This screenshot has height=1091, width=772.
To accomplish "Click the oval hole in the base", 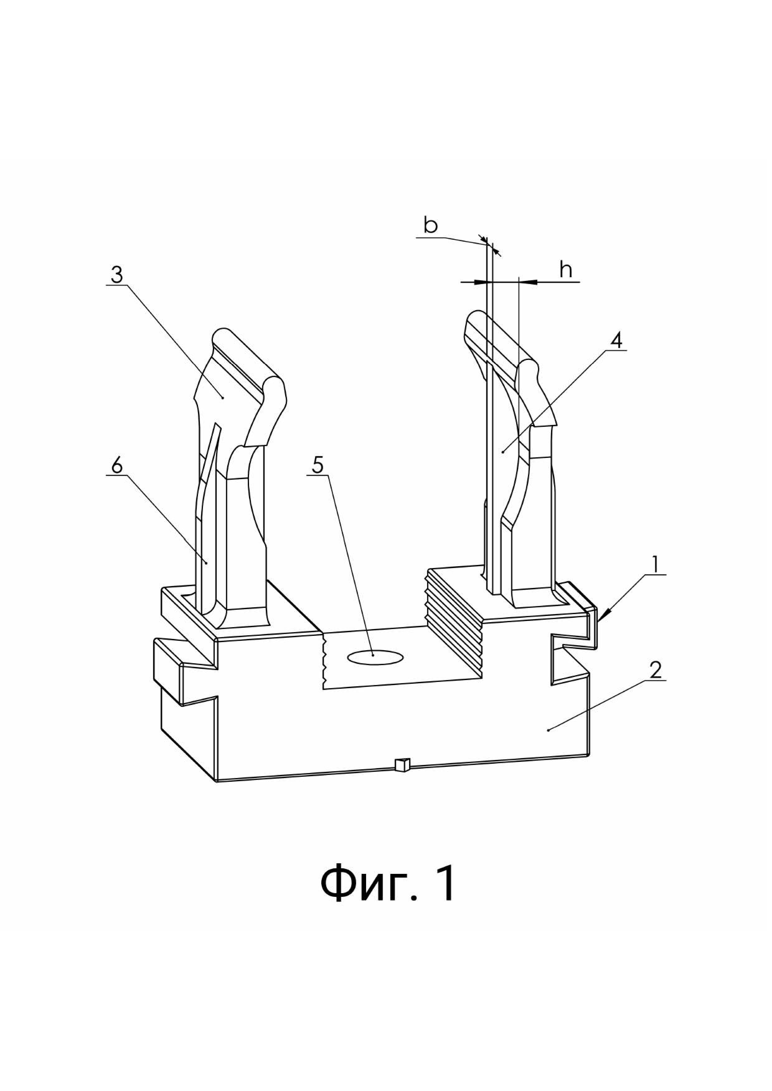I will [375, 657].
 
